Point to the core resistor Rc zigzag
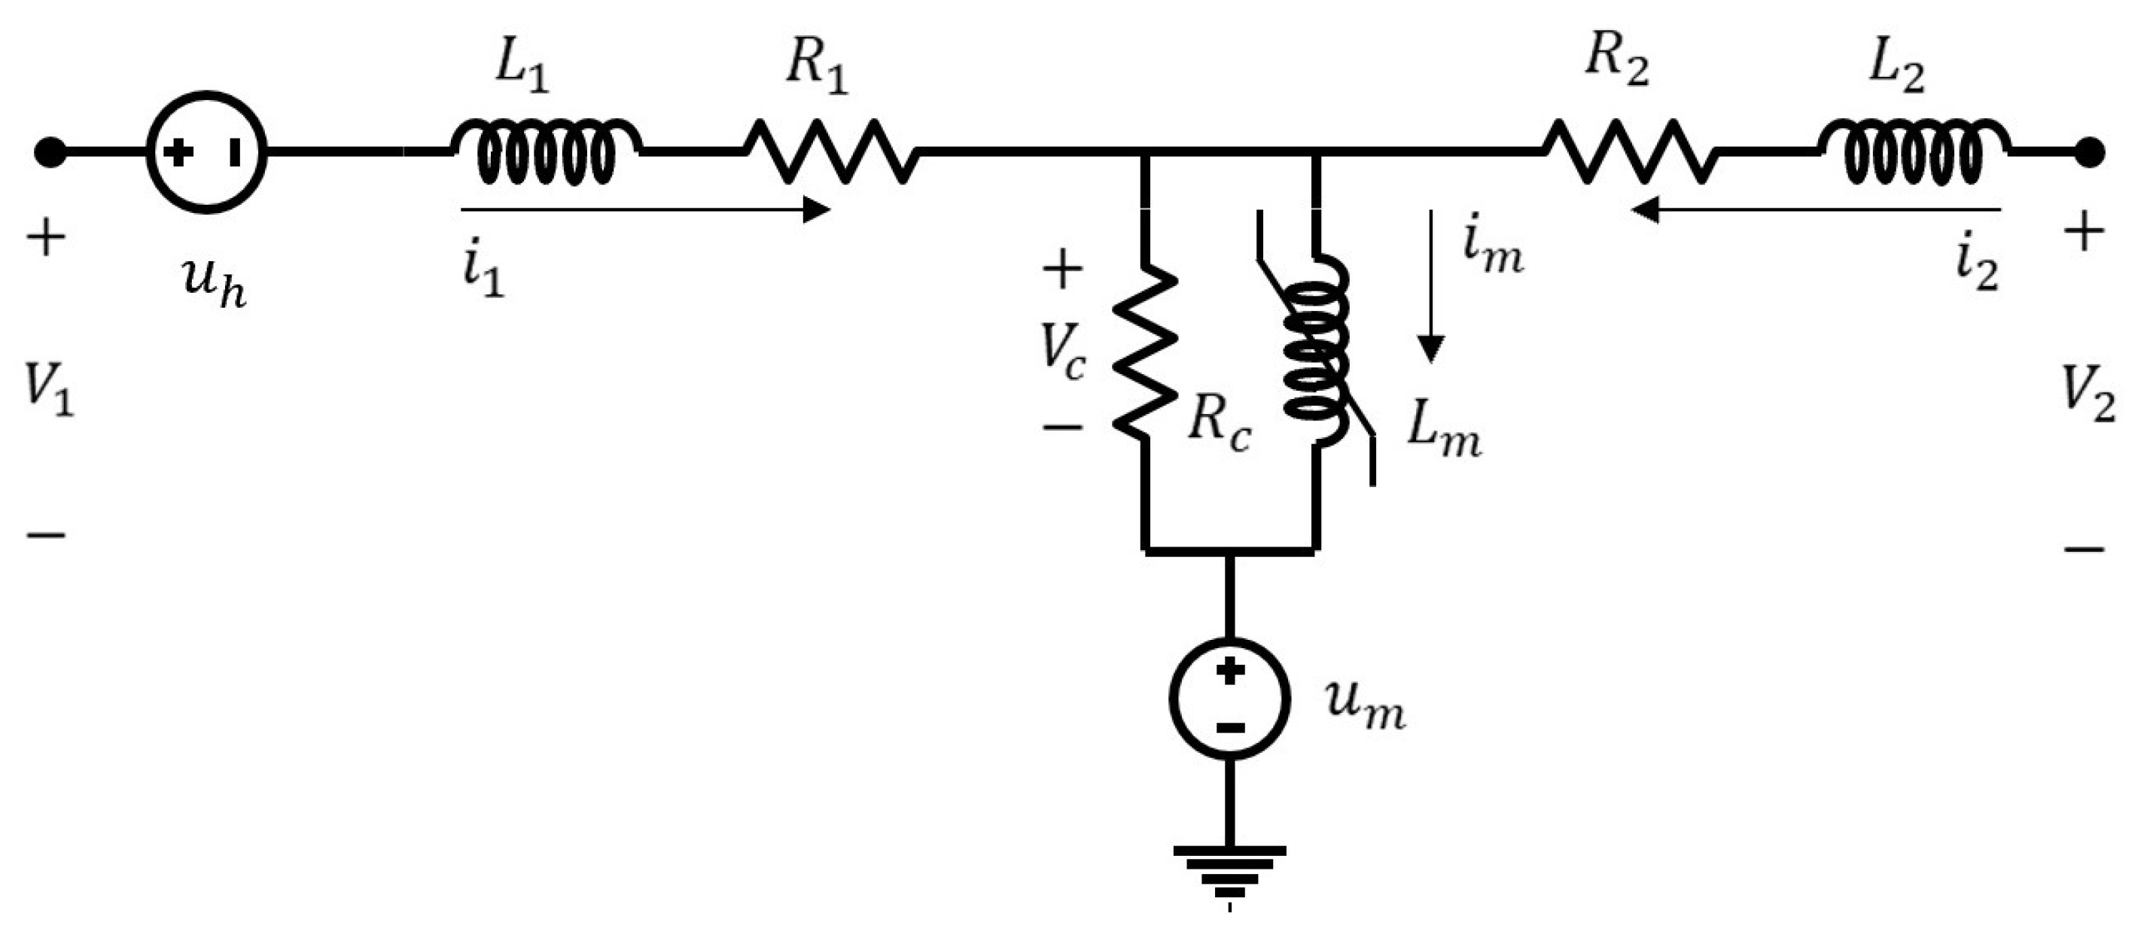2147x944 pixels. pos(1146,350)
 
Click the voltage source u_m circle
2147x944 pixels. pos(1230,698)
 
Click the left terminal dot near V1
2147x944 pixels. pos(50,153)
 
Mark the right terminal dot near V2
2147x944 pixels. pos(2090,153)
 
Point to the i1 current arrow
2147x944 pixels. pos(646,210)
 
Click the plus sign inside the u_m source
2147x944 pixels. pos(1230,671)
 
